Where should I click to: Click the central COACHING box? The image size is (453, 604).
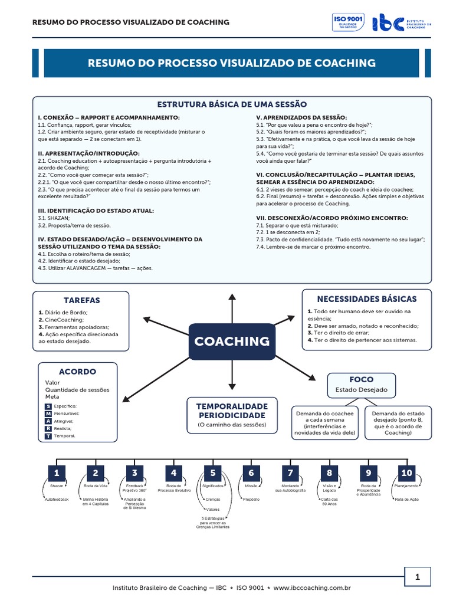232,341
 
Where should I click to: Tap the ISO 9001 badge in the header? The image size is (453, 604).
349,22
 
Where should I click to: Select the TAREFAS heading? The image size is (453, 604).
81,300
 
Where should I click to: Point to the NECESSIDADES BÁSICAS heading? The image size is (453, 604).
366,299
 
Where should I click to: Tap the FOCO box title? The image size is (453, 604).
361,379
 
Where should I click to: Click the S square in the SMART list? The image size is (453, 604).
48,406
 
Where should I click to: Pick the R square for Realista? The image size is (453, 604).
48,428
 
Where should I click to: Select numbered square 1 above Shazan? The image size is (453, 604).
56,473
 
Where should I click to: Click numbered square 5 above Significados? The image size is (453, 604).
212,473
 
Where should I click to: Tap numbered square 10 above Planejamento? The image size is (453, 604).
407,473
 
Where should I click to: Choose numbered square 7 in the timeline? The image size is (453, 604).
290,473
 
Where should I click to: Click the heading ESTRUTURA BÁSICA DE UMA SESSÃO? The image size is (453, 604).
227,104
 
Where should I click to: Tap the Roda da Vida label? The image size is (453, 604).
96,486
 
